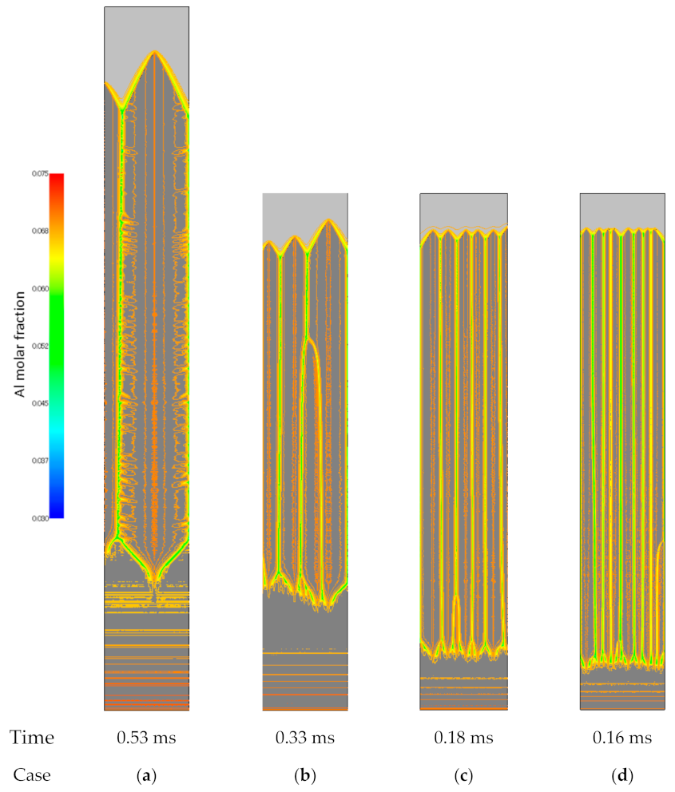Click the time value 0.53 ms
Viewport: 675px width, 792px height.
click(x=146, y=738)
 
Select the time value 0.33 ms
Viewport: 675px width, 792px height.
click(x=305, y=738)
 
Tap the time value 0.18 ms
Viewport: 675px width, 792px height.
click(x=463, y=738)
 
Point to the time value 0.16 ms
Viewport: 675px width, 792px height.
click(x=621, y=738)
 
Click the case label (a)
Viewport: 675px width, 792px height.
click(x=146, y=774)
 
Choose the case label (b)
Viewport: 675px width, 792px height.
click(x=305, y=774)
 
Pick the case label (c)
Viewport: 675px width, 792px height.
click(x=463, y=774)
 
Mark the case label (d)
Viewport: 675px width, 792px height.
click(x=621, y=774)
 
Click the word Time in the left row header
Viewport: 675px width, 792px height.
click(x=32, y=738)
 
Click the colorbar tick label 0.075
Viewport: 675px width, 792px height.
click(x=41, y=173)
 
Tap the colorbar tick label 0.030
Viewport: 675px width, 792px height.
click(x=41, y=518)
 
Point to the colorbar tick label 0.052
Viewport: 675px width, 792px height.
click(x=41, y=346)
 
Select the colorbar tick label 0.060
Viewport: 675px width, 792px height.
click(x=41, y=288)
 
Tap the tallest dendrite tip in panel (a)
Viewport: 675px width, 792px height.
click(x=155, y=53)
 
